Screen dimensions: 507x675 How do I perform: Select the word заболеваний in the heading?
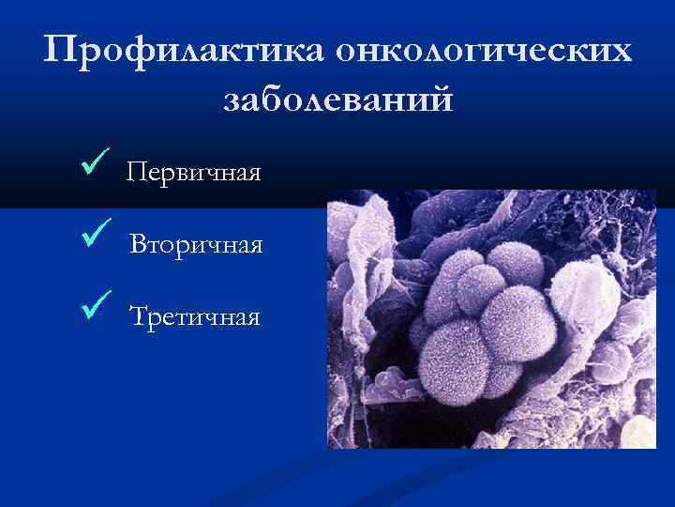point(337,100)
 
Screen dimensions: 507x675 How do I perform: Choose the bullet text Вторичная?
point(196,245)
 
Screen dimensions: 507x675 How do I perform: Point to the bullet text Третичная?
point(195,316)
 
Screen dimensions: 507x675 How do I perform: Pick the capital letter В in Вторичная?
point(138,245)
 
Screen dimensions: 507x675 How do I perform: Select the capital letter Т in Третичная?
point(139,316)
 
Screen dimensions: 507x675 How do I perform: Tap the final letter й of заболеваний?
point(441,98)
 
